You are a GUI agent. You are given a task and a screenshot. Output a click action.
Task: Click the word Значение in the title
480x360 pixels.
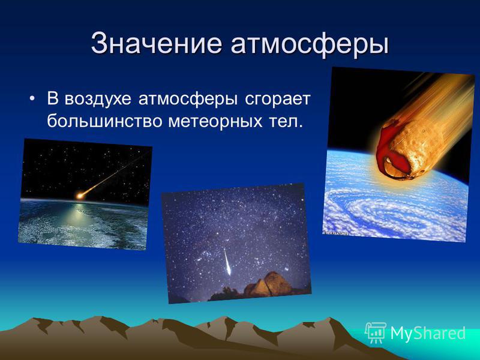pyautogui.click(x=156, y=43)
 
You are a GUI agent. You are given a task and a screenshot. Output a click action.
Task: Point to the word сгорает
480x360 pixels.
pyautogui.click(x=278, y=99)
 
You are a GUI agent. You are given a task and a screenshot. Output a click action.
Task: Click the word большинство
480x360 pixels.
pyautogui.click(x=104, y=121)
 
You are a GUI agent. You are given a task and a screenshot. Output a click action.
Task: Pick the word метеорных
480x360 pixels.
pyautogui.click(x=215, y=121)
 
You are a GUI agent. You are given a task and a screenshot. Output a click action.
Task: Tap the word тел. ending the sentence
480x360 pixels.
pyautogui.click(x=286, y=121)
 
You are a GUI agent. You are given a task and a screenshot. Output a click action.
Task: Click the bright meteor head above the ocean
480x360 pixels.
pyautogui.click(x=80, y=196)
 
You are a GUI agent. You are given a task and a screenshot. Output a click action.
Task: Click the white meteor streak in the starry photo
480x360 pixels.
pyautogui.click(x=227, y=262)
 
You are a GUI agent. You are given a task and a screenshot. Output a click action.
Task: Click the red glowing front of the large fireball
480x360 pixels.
pyautogui.click(x=391, y=152)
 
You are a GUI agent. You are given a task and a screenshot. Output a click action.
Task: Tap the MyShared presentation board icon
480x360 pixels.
pyautogui.click(x=376, y=332)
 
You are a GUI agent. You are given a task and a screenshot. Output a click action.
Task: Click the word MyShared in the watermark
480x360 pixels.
pyautogui.click(x=428, y=332)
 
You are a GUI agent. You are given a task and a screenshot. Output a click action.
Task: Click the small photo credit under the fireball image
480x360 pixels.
pyautogui.click(x=336, y=233)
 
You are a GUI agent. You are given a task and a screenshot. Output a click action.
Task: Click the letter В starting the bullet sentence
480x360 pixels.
pyautogui.click(x=52, y=98)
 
